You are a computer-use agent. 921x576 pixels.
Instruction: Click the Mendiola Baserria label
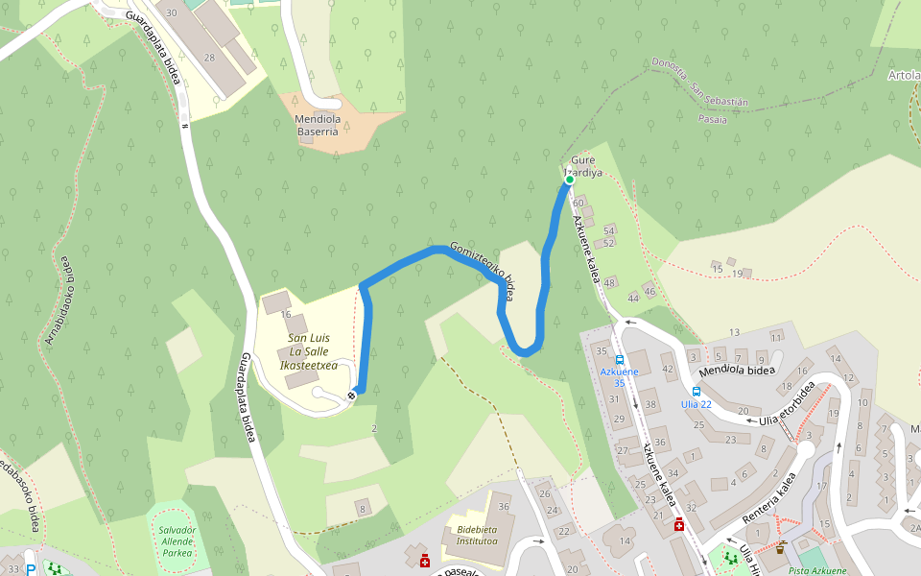point(317,125)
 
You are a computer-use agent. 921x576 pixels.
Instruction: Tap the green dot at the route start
point(569,180)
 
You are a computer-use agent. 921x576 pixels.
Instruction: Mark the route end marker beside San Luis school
point(352,394)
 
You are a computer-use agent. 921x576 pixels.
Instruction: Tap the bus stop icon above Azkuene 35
point(619,360)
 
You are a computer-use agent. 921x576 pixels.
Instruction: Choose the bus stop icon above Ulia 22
point(697,391)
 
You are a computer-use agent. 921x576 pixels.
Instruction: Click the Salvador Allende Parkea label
point(177,541)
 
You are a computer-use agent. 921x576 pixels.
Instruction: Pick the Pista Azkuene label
point(816,570)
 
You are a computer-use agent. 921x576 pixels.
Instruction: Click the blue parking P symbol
point(31,569)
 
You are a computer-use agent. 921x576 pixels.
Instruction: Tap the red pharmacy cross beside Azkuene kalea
point(679,524)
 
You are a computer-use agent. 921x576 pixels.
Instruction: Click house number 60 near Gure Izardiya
point(578,203)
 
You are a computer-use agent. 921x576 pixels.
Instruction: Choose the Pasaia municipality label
point(714,119)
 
